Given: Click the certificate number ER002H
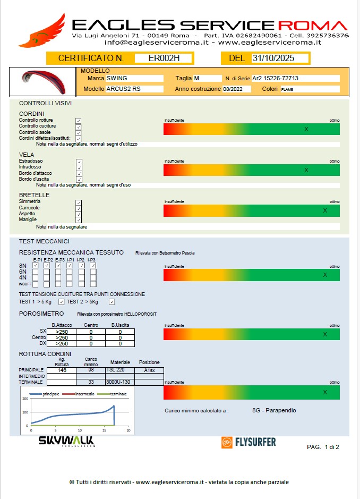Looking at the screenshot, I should click(164, 58).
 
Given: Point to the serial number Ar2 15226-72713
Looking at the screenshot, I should click(275, 78).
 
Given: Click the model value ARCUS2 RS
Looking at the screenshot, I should click(123, 89).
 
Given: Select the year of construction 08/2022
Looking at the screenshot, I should click(233, 89).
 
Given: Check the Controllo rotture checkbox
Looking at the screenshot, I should click(79, 121).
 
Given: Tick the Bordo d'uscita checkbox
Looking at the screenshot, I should click(79, 180).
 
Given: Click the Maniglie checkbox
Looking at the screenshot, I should click(79, 220).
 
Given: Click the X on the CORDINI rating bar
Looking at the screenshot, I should click(306, 129).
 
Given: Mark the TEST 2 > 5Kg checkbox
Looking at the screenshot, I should click(112, 302).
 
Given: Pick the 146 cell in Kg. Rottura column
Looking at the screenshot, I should click(62, 370).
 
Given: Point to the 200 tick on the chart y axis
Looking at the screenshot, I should click(24, 399).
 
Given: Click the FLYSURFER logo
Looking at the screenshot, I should click(248, 442).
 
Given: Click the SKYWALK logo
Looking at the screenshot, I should click(66, 441).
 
